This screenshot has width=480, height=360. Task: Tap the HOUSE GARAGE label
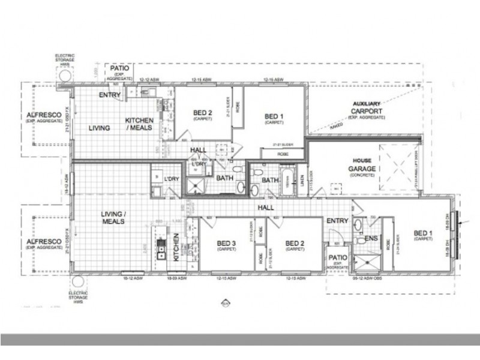pyautogui.click(x=364, y=166)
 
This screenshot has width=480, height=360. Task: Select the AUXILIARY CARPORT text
pyautogui.click(x=367, y=108)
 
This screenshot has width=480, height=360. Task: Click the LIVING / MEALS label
pyautogui.click(x=113, y=218)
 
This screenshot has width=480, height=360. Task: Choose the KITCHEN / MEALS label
pyautogui.click(x=139, y=124)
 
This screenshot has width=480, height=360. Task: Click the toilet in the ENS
pyautogui.click(x=358, y=226)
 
